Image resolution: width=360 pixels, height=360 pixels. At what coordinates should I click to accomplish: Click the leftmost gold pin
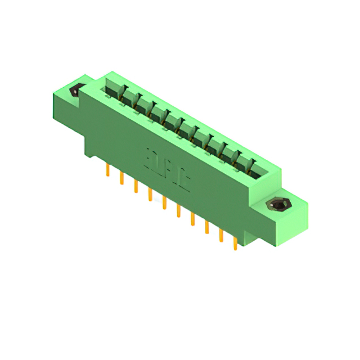coord(107,170)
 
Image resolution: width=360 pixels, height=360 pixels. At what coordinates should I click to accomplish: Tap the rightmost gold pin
coord(235,243)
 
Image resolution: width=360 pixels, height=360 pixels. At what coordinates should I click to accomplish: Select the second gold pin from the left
coord(121,178)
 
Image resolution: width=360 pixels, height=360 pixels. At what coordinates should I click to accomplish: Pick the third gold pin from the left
coord(136,186)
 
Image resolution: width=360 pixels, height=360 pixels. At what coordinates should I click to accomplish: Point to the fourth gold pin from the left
coord(150,194)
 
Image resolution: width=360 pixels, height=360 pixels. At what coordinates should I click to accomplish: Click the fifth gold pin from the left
coord(164,202)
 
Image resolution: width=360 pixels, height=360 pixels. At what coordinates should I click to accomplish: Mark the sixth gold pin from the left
coord(178,210)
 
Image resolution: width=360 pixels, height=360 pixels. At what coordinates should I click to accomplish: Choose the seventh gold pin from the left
coord(192,218)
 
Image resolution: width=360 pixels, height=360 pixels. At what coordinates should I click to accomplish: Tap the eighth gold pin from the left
coord(206,227)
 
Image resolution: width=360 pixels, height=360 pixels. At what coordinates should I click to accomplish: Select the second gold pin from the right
coord(220,235)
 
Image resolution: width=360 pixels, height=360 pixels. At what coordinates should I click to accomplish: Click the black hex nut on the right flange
coord(277,205)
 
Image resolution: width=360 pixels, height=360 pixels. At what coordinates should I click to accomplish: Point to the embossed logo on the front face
coord(168,167)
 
